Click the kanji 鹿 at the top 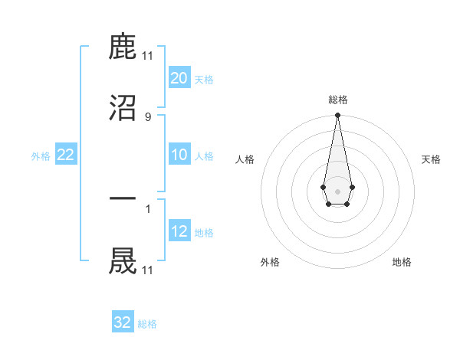(123, 47)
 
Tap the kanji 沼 (123, 108)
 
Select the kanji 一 (123, 200)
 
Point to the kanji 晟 (123, 260)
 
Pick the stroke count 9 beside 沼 (148, 116)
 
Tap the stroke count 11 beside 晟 (148, 270)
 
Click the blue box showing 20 (179, 78)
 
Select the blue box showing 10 (179, 155)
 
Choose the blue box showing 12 (179, 231)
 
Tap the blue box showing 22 (66, 155)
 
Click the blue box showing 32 (123, 322)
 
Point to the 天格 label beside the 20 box (204, 80)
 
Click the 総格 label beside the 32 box (147, 324)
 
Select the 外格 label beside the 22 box (41, 156)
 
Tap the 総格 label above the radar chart (337, 100)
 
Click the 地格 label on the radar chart (402, 262)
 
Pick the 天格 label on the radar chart (431, 159)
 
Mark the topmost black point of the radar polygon (337, 116)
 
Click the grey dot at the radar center (337, 190)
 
